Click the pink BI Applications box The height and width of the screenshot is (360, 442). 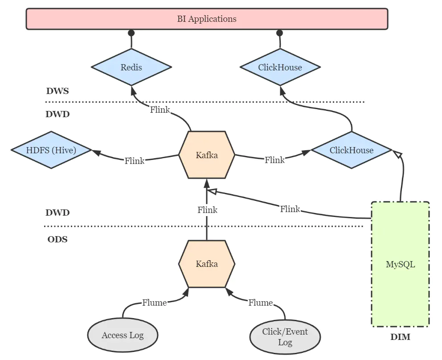207,19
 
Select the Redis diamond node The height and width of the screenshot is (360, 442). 131,67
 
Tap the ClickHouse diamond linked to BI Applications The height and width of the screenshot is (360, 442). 280,67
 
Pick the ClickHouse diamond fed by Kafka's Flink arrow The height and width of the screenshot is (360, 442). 351,150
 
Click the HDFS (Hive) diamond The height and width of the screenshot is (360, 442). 51,150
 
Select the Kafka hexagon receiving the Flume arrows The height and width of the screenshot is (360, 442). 207,264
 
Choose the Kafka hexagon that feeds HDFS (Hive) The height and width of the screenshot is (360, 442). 207,155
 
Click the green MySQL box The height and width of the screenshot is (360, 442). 400,264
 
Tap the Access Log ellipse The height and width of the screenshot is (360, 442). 123,335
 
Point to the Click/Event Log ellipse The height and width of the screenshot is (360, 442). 285,337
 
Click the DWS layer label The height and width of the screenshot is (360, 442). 57,91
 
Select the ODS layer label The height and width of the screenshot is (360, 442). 57,240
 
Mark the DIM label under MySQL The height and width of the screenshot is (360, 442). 400,337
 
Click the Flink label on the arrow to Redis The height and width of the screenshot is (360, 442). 160,110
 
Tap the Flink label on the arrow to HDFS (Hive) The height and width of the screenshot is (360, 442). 134,161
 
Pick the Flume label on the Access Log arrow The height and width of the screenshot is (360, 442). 154,303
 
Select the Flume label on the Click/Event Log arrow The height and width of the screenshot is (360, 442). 260,303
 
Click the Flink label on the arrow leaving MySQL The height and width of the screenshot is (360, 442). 290,209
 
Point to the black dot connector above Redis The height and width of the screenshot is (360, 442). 131,33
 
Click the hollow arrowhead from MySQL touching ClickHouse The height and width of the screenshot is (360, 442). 398,154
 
